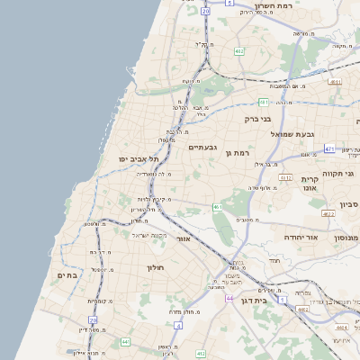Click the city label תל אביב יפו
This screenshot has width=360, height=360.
point(138,159)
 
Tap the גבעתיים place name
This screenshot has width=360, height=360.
point(202,148)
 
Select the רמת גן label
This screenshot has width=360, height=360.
point(238,153)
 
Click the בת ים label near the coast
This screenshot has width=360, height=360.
point(67,274)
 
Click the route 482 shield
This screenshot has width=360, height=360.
point(239,52)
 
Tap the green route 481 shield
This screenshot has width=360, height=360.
point(263,103)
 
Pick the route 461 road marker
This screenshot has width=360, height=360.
point(218,207)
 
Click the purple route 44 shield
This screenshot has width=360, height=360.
point(230,298)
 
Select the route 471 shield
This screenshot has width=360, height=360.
point(330,148)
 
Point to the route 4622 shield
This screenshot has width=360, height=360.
point(328,214)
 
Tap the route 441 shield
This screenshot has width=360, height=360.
point(125,342)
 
